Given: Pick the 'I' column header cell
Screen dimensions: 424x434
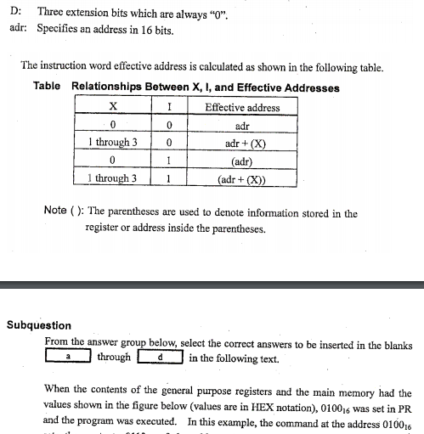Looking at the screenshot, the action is click(170, 106).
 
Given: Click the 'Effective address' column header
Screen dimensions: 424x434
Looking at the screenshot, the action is click(242, 107).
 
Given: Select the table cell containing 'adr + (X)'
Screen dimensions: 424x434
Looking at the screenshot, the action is click(243, 142).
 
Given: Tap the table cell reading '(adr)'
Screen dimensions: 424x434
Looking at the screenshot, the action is click(243, 160).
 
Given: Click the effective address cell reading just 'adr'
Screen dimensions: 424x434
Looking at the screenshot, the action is click(243, 125).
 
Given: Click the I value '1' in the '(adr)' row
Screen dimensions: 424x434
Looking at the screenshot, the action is click(170, 160).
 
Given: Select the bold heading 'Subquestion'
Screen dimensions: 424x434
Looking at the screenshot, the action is click(38, 324).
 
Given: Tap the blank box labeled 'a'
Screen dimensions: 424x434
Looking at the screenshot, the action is click(68, 357).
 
